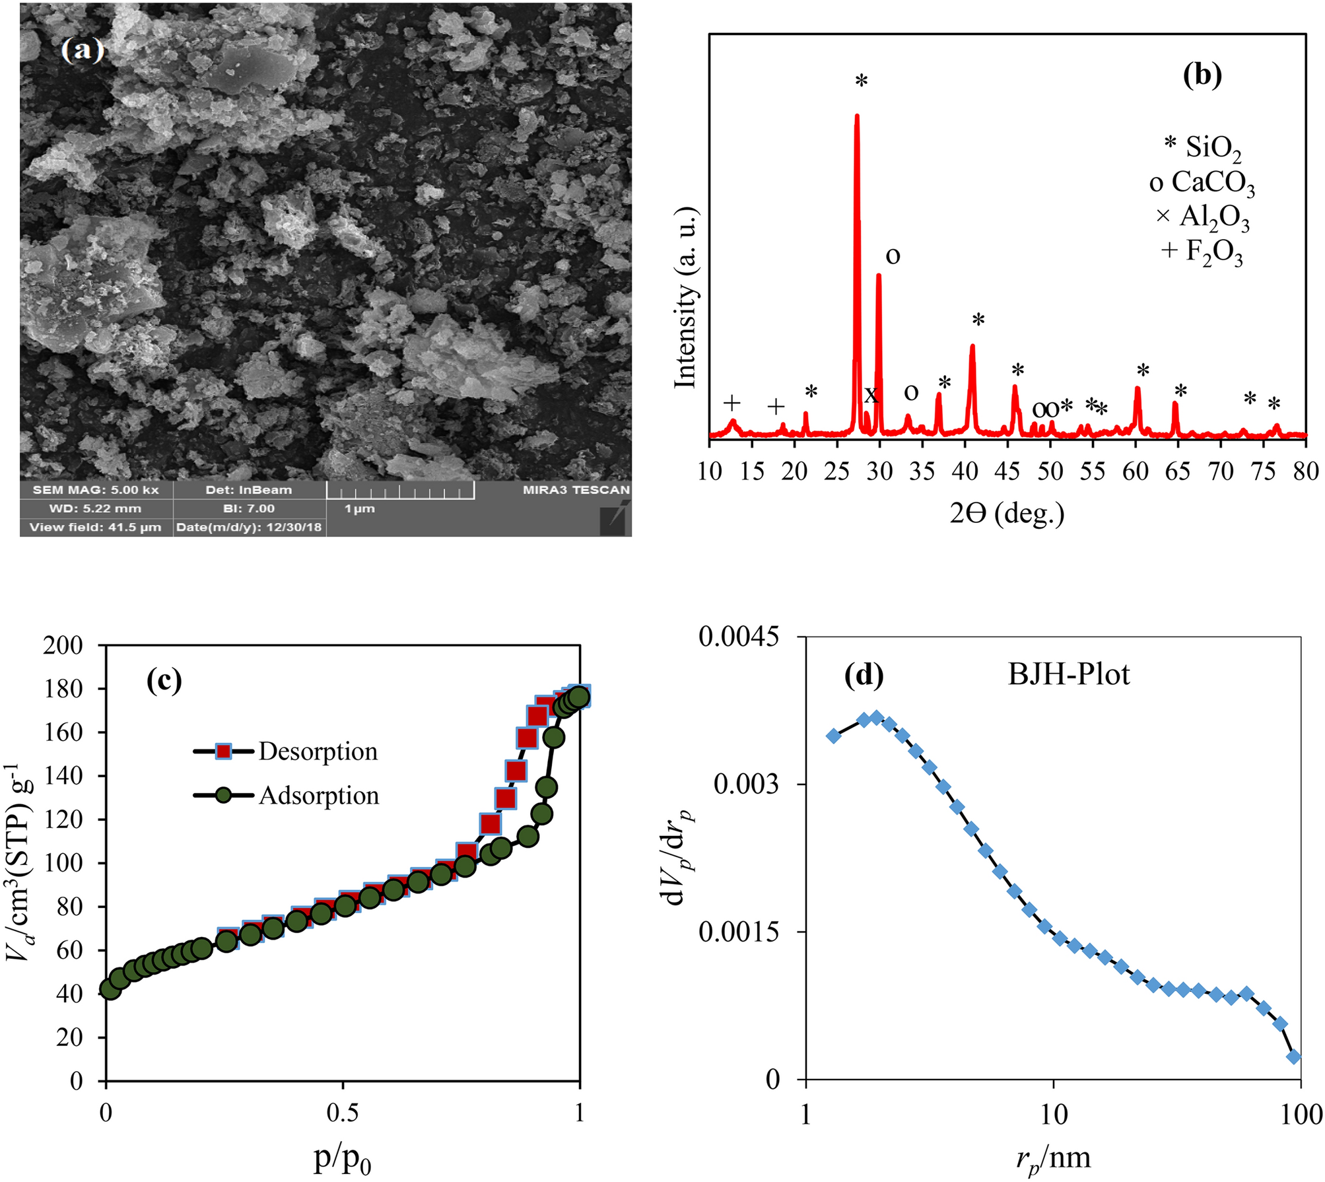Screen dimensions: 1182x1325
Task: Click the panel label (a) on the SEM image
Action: (83, 50)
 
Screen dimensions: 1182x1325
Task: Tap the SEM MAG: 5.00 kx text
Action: (96, 490)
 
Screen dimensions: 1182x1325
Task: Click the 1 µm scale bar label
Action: (360, 509)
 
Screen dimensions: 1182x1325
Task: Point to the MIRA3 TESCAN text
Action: (576, 490)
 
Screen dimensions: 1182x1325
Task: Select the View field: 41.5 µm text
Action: (95, 527)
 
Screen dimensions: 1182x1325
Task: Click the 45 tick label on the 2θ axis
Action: (1007, 471)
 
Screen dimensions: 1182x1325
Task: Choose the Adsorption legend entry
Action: (318, 796)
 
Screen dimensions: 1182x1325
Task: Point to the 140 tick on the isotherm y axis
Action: (63, 775)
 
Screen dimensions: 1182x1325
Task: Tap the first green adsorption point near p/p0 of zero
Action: (110, 989)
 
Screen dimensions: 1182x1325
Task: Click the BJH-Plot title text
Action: (1068, 674)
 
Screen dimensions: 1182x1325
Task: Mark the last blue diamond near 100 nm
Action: (1294, 1057)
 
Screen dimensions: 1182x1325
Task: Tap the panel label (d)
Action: (864, 674)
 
